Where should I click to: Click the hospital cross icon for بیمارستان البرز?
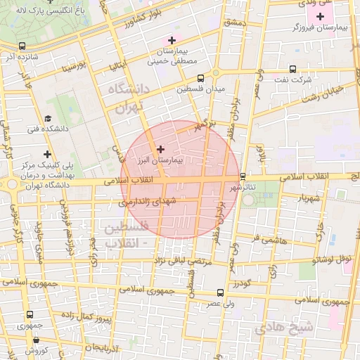pyautogui.click(x=161, y=148)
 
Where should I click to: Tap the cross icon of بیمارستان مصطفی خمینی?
pyautogui.click(x=172, y=40)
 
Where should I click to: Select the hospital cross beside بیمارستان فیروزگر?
pyautogui.click(x=321, y=16)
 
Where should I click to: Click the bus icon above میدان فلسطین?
pyautogui.click(x=201, y=77)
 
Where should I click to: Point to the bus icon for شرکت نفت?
pyautogui.click(x=292, y=69)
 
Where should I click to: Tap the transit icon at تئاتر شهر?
pyautogui.click(x=243, y=176)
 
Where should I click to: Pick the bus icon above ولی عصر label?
pyautogui.click(x=220, y=292)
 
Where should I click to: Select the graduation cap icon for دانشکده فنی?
pyautogui.click(x=48, y=118)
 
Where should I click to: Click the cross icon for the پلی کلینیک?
pyautogui.click(x=47, y=154)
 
